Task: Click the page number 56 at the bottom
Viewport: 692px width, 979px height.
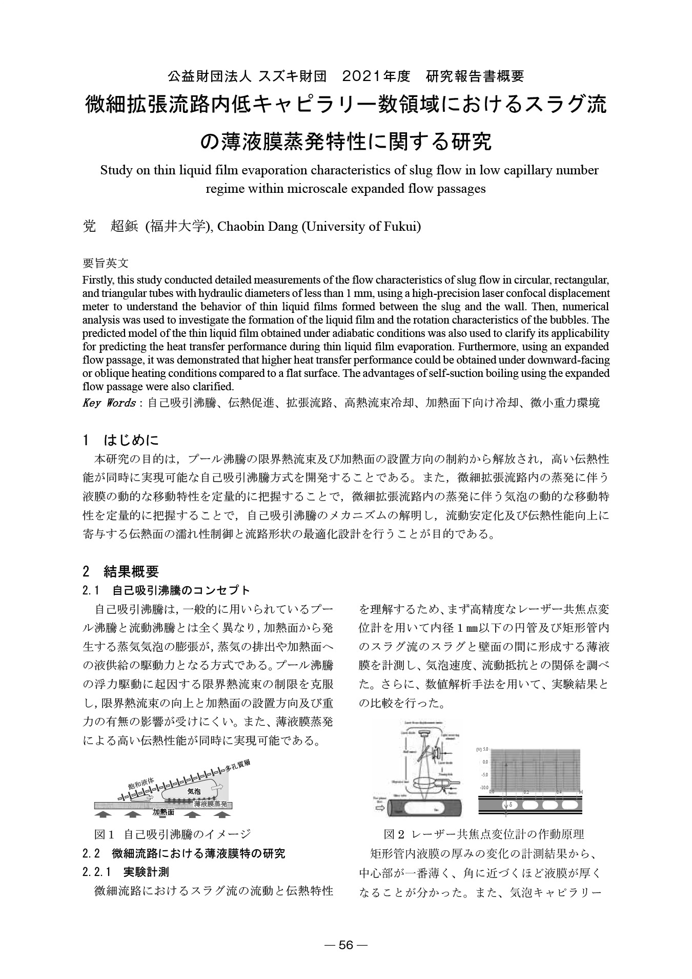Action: click(346, 945)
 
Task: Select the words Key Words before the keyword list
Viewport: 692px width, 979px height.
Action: click(109, 403)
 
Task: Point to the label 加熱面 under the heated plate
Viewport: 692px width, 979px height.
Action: click(164, 812)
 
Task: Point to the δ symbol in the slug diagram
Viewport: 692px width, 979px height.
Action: click(510, 806)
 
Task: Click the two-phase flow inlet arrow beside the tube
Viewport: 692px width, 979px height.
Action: click(380, 806)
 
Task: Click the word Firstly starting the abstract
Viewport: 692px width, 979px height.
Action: click(99, 281)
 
